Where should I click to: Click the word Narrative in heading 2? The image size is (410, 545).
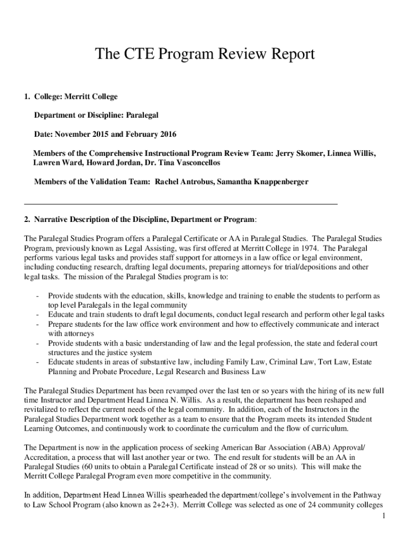click(x=53, y=220)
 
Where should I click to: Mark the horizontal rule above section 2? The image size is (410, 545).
click(x=181, y=204)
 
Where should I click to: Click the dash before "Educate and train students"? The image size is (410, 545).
click(x=36, y=315)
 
